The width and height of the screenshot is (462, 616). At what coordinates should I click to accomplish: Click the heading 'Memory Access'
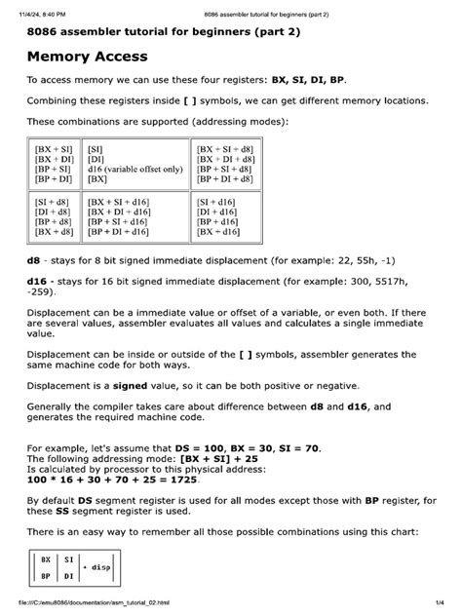click(87, 58)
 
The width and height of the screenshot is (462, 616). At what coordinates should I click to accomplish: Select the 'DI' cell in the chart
click(69, 578)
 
